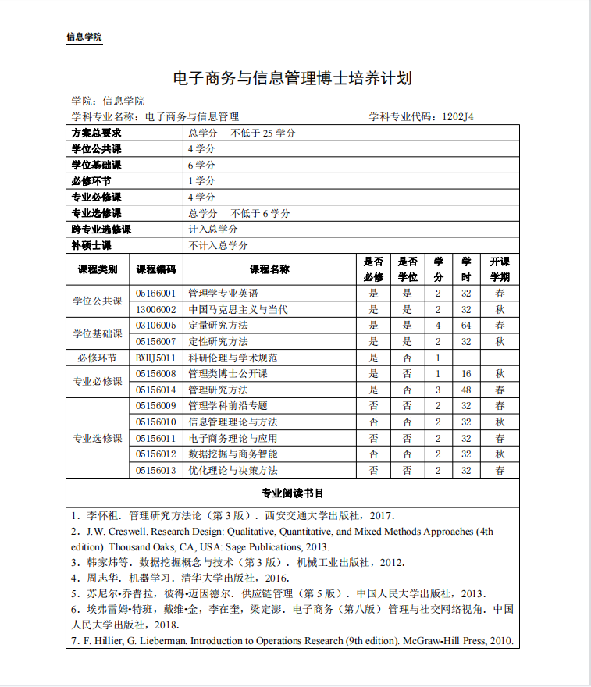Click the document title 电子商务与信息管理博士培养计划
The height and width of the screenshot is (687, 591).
coord(291,78)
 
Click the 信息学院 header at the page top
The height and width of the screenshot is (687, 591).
coord(84,37)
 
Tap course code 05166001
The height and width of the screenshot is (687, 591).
coord(155,294)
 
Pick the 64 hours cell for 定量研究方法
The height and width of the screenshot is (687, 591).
coord(466,326)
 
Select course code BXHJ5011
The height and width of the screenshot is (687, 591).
coord(155,358)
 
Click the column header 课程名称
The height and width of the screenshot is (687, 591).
coord(269,269)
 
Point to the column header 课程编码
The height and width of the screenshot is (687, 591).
coord(155,269)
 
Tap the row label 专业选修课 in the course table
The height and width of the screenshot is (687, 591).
coord(98,438)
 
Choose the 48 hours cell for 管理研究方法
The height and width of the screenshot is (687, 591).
coord(466,390)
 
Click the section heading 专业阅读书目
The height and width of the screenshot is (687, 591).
coord(292,493)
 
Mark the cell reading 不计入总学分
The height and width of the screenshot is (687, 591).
coord(219,245)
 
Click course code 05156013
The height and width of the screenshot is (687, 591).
coord(155,470)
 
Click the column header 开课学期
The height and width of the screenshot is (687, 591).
coord(500,269)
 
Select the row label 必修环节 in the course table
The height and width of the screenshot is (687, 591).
coord(98,358)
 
